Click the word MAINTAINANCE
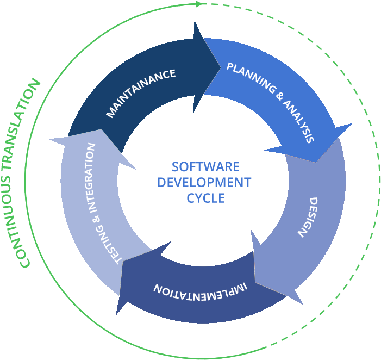click(x=141, y=92)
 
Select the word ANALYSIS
click(x=298, y=121)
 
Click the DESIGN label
click(x=308, y=216)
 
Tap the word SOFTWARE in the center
click(x=205, y=166)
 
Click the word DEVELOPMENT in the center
click(x=204, y=182)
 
